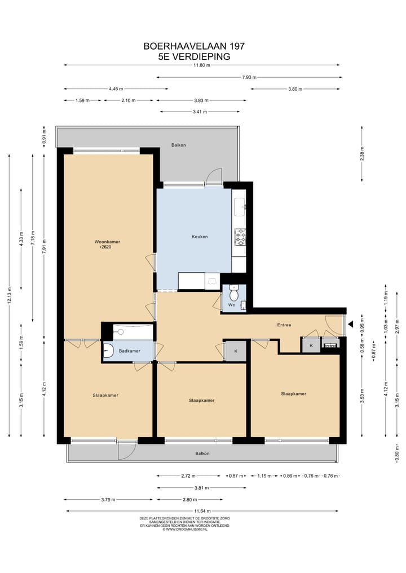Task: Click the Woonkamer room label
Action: point(107,242)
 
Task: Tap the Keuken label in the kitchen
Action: point(200,237)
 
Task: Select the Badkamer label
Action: point(130,351)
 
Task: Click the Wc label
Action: point(231,305)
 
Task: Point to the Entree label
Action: point(284,325)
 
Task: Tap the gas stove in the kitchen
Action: point(240,237)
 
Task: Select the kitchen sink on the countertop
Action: point(240,207)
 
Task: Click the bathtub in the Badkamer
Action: point(133,331)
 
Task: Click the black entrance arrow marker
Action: point(350,324)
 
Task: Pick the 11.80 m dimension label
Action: point(202,65)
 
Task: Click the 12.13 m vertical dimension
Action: point(9,296)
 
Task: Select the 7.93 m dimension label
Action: point(249,78)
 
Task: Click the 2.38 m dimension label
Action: point(362,153)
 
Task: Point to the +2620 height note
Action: point(105,247)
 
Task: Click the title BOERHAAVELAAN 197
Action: point(194,46)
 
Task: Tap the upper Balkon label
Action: point(179,145)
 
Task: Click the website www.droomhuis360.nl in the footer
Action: point(185,529)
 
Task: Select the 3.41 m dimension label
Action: point(200,112)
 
